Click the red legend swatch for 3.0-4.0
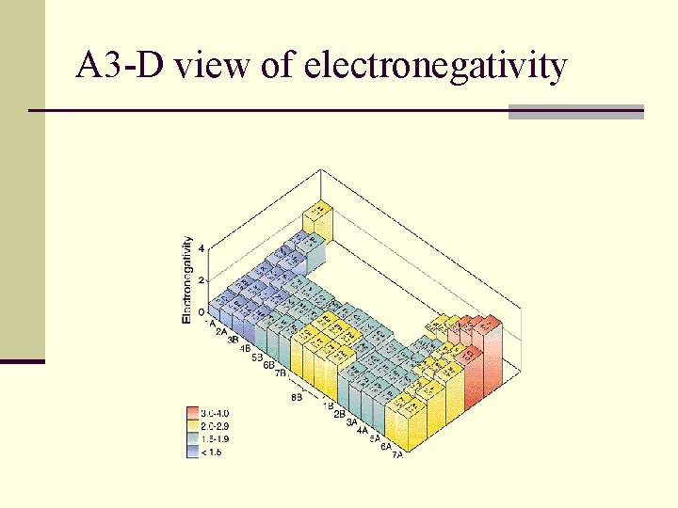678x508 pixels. [194, 413]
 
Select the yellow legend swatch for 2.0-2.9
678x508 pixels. [194, 425]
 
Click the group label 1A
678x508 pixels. [210, 323]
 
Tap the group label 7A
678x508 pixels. [398, 455]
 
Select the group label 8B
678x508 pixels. [297, 398]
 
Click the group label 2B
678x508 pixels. [339, 414]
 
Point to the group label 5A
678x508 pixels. [374, 439]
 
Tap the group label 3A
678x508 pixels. [350, 422]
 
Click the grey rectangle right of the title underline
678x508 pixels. [575, 111]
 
